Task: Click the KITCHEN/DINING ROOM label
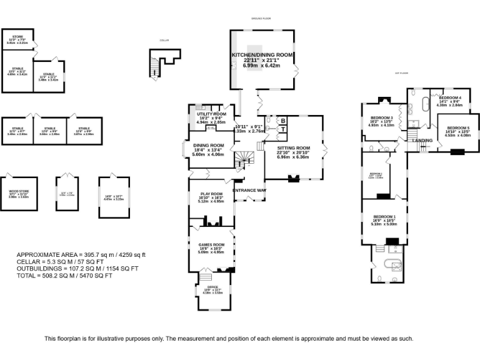pyautogui.click(x=262, y=55)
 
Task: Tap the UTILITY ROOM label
pyautogui.click(x=211, y=114)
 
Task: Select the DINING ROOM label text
pyautogui.click(x=209, y=146)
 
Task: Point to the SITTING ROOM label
pyautogui.click(x=294, y=148)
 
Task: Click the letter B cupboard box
pyautogui.click(x=282, y=121)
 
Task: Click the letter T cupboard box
pyautogui.click(x=282, y=129)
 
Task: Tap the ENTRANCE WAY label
pyautogui.click(x=249, y=189)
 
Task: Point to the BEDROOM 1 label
pyautogui.click(x=384, y=216)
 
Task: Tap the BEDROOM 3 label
pyautogui.click(x=381, y=117)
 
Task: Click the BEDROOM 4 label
pyautogui.click(x=449, y=98)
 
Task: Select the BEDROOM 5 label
pyautogui.click(x=457, y=127)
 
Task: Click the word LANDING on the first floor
pyautogui.click(x=422, y=140)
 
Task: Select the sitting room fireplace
pyautogui.click(x=292, y=179)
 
